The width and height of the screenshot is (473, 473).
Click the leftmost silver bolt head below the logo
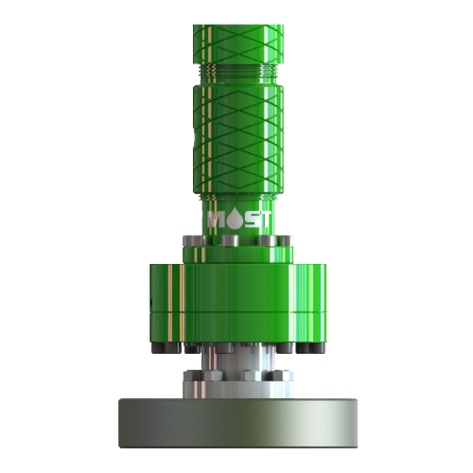click(x=193, y=240)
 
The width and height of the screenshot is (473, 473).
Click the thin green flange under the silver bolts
click(x=236, y=255)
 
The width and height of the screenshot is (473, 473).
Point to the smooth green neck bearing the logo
click(x=236, y=229)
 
